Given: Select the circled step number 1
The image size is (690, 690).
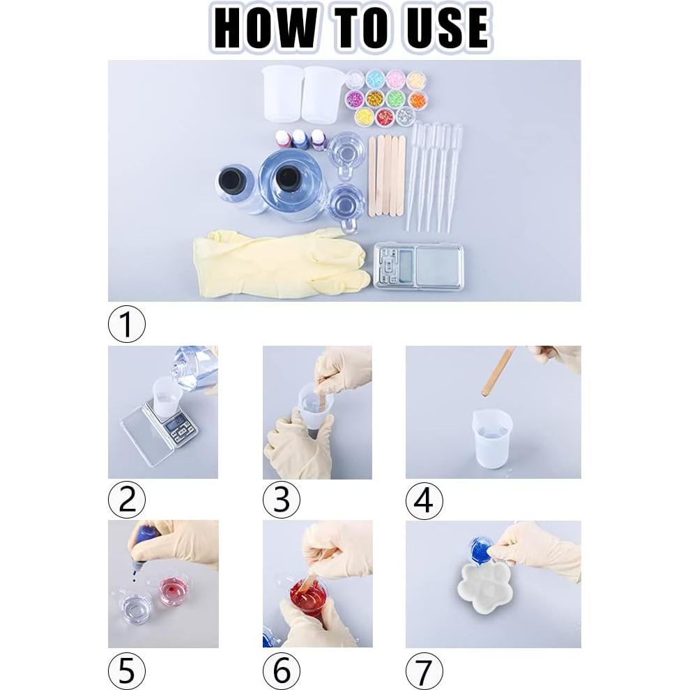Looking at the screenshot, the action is point(127,324).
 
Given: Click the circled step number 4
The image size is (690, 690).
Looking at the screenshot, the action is point(424,500).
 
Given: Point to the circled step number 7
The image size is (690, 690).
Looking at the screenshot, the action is point(424,671).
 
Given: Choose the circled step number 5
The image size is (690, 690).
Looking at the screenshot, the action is point(127,671).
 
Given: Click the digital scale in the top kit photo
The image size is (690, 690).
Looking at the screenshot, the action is point(418,266).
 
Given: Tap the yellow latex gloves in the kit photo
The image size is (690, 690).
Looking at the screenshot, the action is point(282,263).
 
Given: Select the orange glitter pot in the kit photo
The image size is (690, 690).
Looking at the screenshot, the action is point(417,100).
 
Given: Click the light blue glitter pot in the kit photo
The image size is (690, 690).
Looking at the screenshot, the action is point(376,79).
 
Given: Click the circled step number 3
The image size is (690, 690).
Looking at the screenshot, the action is point(282,500).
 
